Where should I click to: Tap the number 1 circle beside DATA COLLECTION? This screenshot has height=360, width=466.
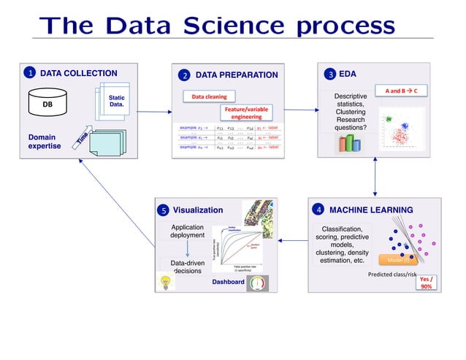30,73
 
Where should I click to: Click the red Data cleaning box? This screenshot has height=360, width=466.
208,96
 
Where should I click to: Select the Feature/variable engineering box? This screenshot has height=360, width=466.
246,113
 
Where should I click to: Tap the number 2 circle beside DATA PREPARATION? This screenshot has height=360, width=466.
185,75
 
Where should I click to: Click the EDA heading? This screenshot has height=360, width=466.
348,74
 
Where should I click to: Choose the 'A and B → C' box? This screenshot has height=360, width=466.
401,91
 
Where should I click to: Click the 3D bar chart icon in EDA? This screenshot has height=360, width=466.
348,142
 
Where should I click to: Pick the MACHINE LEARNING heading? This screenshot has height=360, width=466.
370,210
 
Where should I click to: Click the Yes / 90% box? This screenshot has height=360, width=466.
425,282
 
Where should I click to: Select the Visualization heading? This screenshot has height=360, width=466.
197,210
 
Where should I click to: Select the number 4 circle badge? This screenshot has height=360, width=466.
318,210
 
